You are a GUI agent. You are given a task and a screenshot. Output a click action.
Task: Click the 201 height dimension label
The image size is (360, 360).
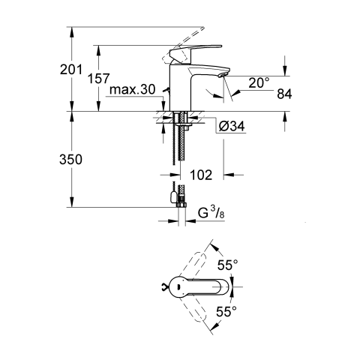[x=71, y=70]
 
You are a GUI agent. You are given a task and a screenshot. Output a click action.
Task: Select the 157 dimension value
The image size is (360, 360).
[x=99, y=79]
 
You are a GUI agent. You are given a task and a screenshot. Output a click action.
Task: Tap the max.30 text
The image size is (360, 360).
[x=133, y=89]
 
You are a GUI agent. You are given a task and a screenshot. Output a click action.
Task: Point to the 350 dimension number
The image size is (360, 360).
[x=70, y=160]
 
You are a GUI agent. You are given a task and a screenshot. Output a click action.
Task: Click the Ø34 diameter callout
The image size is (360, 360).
[x=232, y=126]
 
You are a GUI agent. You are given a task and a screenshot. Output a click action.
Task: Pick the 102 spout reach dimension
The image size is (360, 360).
[x=201, y=175]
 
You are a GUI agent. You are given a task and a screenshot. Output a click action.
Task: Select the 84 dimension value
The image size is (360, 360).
[x=284, y=94]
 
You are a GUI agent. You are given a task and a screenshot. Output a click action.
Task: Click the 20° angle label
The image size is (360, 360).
[x=259, y=82]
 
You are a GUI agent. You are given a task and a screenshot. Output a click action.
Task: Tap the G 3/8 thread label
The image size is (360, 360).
[x=211, y=213]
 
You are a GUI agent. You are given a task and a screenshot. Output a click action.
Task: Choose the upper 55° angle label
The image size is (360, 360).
[x=228, y=265]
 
